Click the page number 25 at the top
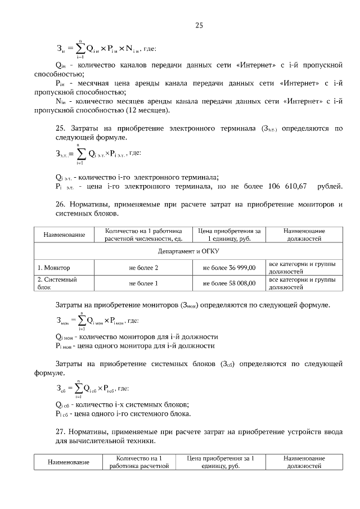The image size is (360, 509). [x=199, y=25]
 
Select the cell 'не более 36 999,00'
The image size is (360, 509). [x=229, y=268]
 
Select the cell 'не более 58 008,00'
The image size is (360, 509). [x=229, y=283]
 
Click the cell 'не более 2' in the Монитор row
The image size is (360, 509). [x=143, y=268]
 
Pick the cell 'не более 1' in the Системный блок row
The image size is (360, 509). [x=143, y=283]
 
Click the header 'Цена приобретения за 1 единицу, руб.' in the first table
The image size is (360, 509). [x=229, y=235]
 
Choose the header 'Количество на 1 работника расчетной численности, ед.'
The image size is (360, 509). [x=143, y=235]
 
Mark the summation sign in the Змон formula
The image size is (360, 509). [x=82, y=321]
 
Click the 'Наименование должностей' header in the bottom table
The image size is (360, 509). [x=304, y=462]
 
